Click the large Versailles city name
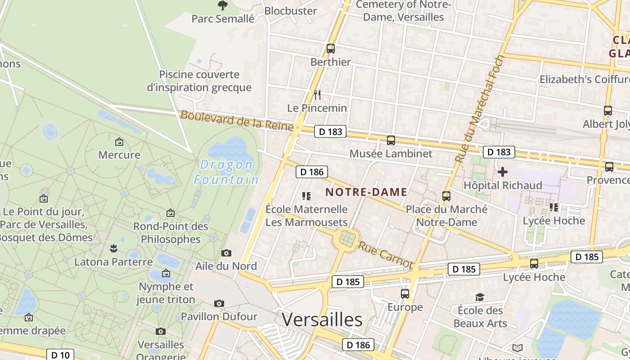coord(322,319)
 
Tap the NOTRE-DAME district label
coord(366,192)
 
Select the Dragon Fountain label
coord(226,172)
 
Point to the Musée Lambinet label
coord(391,153)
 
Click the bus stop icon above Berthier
coord(331,49)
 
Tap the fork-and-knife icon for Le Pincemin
coord(317,94)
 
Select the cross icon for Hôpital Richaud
coord(503,172)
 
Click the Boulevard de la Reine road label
coord(237,121)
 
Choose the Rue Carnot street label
coord(385,255)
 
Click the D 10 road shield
coord(60,355)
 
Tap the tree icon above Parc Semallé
coord(222,5)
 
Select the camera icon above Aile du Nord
coord(226,253)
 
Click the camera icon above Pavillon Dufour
coord(219,304)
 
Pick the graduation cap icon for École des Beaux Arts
coord(480,297)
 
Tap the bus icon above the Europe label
coord(405,294)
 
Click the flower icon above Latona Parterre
coord(113,248)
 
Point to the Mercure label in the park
coord(119,155)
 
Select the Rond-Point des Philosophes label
coord(171,232)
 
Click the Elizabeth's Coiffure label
coord(584,80)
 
